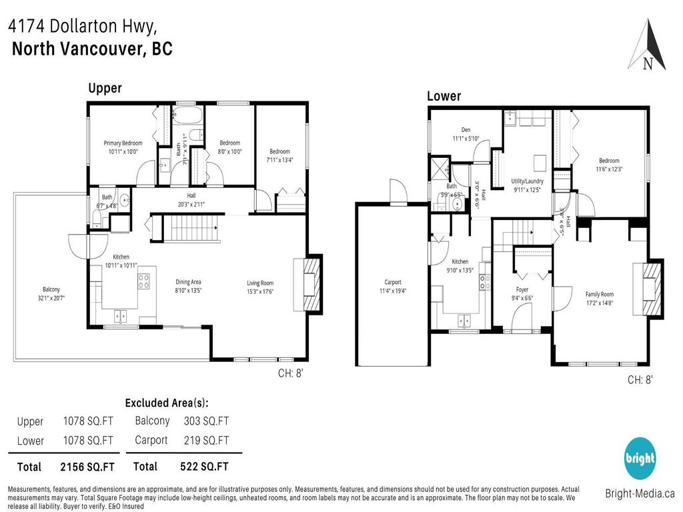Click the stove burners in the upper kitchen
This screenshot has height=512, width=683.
coord(144,281)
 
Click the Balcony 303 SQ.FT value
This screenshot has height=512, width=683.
coord(206,421)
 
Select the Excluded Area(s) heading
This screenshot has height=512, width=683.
coord(167,403)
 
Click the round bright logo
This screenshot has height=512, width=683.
coord(640,459)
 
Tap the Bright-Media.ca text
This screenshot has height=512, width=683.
coord(640,494)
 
